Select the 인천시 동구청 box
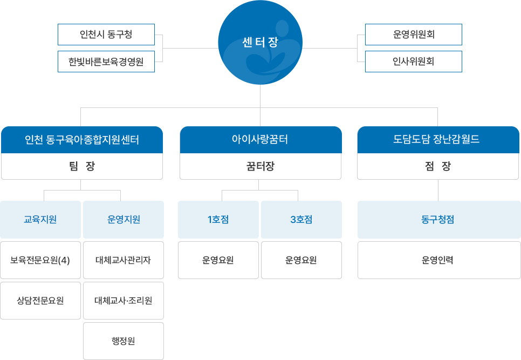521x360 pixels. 106,35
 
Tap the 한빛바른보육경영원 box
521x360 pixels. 106,62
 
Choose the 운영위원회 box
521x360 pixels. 414,35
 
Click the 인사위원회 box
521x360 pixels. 414,62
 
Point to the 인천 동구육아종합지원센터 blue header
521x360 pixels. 82,140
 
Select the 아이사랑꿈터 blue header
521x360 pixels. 260,140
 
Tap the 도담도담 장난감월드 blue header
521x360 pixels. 437,140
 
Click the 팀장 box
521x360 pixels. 82,166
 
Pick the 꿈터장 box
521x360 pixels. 260,166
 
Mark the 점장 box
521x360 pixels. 437,166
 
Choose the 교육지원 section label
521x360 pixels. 40,220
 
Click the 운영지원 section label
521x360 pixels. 124,220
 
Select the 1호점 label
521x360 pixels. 218,220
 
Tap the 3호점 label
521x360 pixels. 301,220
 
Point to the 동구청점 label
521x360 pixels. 438,220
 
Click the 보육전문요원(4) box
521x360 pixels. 40,260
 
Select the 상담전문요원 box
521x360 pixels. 40,301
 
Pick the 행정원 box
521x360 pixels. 124,341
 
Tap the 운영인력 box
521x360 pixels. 438,260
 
